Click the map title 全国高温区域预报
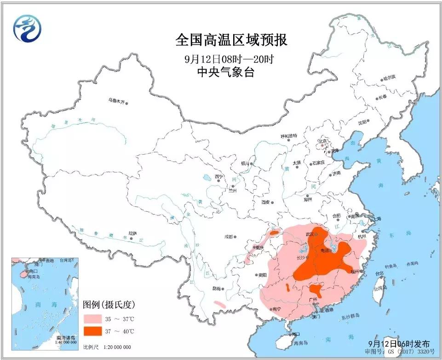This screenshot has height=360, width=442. tap(231, 40)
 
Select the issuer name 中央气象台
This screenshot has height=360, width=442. tap(225, 72)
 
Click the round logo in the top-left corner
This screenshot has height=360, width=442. tap(27, 28)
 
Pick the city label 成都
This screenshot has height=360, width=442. tap(228, 237)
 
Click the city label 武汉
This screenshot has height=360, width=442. tap(310, 234)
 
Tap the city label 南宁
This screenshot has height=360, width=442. tap(276, 309)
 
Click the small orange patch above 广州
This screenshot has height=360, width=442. tap(316, 290)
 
